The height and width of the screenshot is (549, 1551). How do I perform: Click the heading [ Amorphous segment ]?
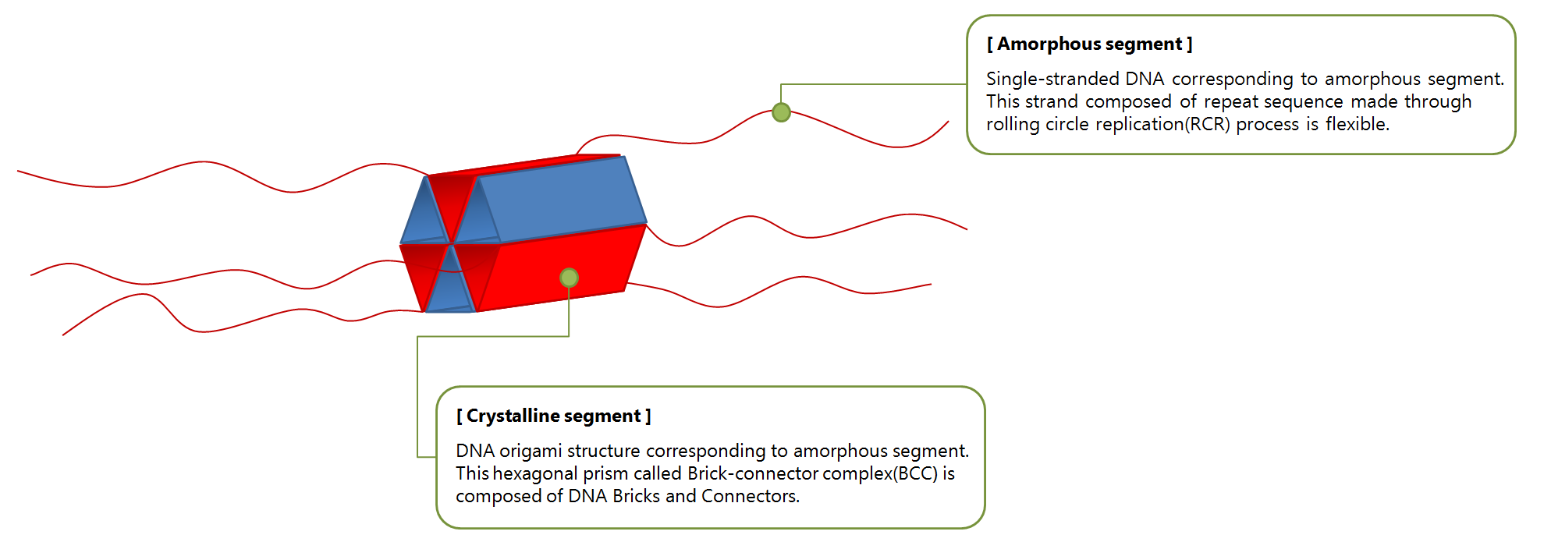(1089, 44)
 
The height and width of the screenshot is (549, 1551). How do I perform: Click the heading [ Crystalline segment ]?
(553, 416)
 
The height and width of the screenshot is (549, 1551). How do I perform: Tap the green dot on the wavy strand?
(781, 112)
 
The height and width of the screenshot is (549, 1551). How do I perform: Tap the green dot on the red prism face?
(569, 278)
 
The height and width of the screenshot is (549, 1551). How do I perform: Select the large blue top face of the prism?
(562, 199)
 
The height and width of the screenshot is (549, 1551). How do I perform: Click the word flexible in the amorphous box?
(1357, 124)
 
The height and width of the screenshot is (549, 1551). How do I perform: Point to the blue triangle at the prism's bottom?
(449, 289)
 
